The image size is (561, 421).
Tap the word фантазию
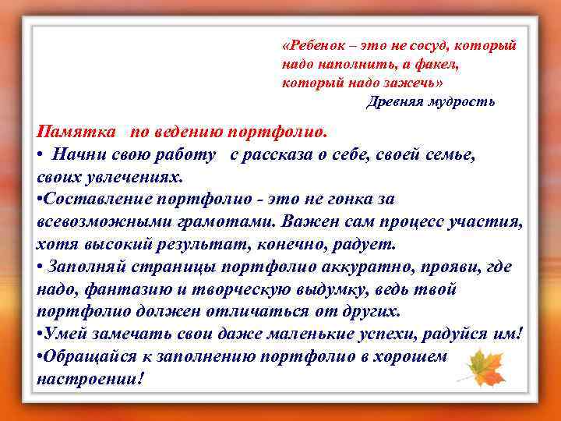point(129,288)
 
